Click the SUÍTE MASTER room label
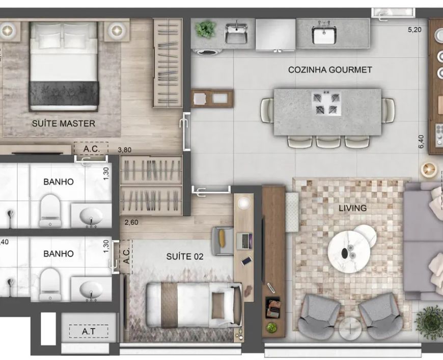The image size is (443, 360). pyautogui.click(x=64, y=124)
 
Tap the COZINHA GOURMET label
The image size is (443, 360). pyautogui.click(x=330, y=70)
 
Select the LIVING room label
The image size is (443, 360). pyautogui.click(x=352, y=208)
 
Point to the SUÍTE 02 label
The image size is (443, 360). pyautogui.click(x=185, y=257)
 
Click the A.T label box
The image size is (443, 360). pyautogui.click(x=89, y=331)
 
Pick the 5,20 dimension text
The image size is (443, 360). pyautogui.click(x=414, y=30)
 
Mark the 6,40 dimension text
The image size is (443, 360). pyautogui.click(x=421, y=142)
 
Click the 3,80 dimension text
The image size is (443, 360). pyautogui.click(x=125, y=150)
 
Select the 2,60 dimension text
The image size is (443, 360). pyautogui.click(x=131, y=223)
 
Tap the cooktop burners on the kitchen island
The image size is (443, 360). pyautogui.click(x=326, y=103)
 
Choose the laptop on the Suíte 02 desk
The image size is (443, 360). pyautogui.click(x=244, y=241)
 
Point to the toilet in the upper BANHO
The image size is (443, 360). pyautogui.click(x=50, y=211)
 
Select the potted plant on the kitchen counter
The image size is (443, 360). pyautogui.click(x=205, y=29)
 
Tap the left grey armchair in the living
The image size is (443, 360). pyautogui.click(x=319, y=316)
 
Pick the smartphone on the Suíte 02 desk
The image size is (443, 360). pyautogui.click(x=246, y=261)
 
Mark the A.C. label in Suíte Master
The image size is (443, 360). pyautogui.click(x=91, y=149)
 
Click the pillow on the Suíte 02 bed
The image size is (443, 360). pyautogui.click(x=218, y=306)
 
